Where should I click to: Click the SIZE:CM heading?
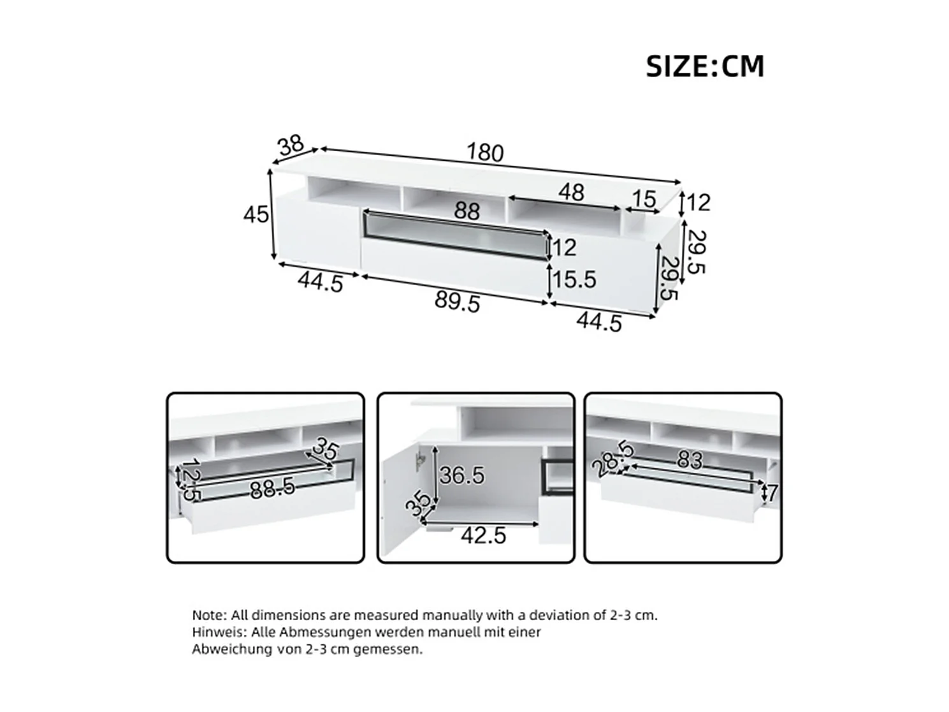[x=704, y=66]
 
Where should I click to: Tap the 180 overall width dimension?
[x=485, y=152]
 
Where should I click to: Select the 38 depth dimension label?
[x=291, y=146]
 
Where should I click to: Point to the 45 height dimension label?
[x=256, y=215]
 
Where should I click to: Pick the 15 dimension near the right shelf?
[x=643, y=199]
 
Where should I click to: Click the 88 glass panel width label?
[x=467, y=211]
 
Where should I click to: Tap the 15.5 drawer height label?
[x=574, y=279]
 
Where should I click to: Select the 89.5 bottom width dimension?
[x=457, y=302]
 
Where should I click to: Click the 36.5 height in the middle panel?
[x=462, y=475]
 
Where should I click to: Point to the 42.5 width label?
[x=483, y=535]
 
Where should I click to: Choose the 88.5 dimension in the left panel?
[x=272, y=489]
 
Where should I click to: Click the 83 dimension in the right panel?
[x=689, y=460]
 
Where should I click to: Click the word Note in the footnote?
[x=208, y=616]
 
